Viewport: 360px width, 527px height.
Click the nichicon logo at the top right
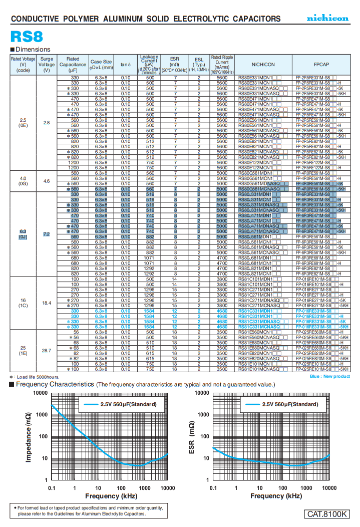pyautogui.click(x=327, y=18)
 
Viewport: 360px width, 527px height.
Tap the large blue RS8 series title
pyautogui.click(x=27, y=37)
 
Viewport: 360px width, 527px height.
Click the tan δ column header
pyautogui.click(x=125, y=65)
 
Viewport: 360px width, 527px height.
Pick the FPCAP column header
pyautogui.click(x=321, y=65)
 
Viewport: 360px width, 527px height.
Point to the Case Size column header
pyautogui.click(x=101, y=65)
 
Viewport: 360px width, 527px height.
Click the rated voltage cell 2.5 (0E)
pyautogui.click(x=23, y=123)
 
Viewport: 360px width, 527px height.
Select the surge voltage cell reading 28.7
pyautogui.click(x=47, y=351)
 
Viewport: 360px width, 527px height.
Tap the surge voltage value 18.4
pyautogui.click(x=47, y=303)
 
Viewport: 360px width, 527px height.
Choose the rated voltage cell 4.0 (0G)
pyautogui.click(x=23, y=181)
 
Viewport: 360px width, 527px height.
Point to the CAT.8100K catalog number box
pyautogui.click(x=327, y=514)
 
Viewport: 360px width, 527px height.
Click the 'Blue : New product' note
pyautogui.click(x=329, y=376)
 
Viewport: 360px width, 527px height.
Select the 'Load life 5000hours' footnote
pyautogui.click(x=35, y=377)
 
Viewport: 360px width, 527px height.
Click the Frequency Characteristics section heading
pyautogui.click(x=55, y=384)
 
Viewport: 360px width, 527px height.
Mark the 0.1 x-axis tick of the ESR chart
pyautogui.click(x=213, y=488)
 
